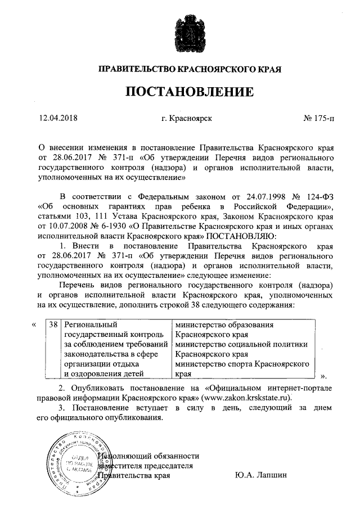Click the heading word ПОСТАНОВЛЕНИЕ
click(189, 92)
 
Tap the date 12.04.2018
click(57, 119)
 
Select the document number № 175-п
click(318, 119)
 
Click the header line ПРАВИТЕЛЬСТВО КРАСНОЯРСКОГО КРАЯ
click(189, 69)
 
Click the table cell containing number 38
click(53, 325)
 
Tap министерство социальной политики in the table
click(242, 345)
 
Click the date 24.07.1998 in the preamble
click(267, 196)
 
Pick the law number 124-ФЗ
click(318, 196)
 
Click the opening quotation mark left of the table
click(35, 325)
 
